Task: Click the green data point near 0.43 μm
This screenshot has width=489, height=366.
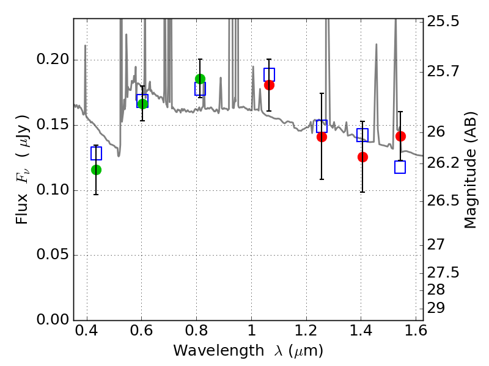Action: coord(96,170)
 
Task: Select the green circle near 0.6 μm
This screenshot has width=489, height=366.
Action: coord(142,104)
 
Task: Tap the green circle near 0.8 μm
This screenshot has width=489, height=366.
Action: coord(200,79)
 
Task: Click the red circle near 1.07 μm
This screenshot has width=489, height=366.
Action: coord(269,85)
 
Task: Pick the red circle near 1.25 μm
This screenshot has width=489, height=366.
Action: coord(322,137)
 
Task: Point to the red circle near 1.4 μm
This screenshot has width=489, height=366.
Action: coord(362,157)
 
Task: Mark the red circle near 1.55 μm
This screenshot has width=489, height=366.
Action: coord(400,136)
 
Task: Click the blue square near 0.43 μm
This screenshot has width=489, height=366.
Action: coord(96,153)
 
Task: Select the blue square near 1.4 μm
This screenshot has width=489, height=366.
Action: coord(362,135)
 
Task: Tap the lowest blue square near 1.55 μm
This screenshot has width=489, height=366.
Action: coord(400,167)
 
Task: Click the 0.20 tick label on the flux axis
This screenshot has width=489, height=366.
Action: coord(53,60)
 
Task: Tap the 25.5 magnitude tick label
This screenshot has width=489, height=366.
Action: coord(444,22)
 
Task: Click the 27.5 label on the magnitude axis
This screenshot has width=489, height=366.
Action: coord(444,272)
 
